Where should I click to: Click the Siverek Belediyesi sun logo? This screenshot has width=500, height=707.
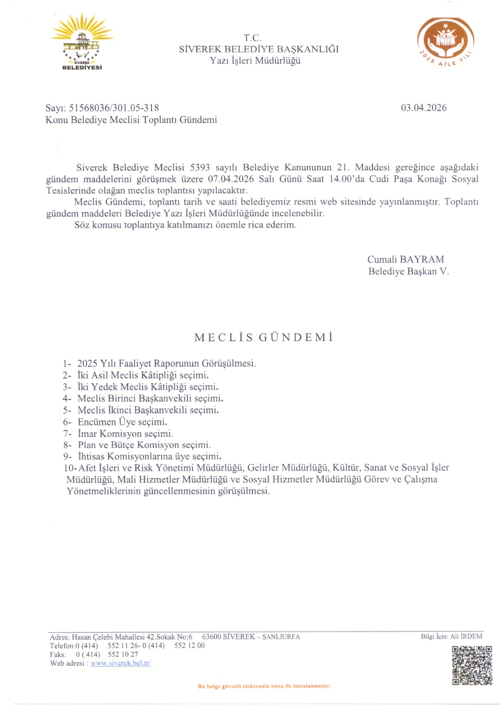pos(82,42)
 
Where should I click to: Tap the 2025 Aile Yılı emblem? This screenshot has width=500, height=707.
pos(445,42)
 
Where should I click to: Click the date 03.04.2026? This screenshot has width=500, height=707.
pos(424,108)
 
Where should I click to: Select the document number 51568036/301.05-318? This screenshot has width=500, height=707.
pos(114,108)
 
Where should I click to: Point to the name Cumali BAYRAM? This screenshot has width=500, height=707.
pos(405,259)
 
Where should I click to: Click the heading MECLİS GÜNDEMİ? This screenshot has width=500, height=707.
pos(263,338)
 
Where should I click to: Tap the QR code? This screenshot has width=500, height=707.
pos(472,665)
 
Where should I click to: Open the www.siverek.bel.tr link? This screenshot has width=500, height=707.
pos(121,663)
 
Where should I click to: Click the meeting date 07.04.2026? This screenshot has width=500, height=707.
pos(231,179)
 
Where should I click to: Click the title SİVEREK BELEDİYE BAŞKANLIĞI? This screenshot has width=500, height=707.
pos(259,49)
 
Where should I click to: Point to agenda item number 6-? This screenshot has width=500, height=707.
pos(67,422)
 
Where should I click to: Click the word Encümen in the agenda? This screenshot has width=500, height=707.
pos(96,422)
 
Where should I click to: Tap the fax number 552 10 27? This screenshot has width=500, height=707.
pos(122,654)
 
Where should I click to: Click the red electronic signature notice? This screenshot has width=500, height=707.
pos(264,686)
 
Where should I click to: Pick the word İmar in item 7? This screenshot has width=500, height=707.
pos(87,433)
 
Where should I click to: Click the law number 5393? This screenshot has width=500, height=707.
pos(199,167)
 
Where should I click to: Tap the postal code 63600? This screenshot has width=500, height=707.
pos(211,637)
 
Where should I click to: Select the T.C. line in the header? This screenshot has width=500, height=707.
pos(252,38)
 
